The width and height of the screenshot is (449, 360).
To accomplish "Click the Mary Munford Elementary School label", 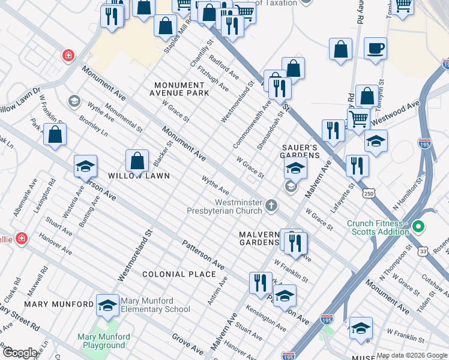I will [x=155, y=305].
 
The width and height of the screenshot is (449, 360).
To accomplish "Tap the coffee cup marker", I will [x=375, y=49].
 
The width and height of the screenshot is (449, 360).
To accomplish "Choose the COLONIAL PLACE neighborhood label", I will [x=179, y=274].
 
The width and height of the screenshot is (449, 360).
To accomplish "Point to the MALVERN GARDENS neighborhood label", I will [x=259, y=238].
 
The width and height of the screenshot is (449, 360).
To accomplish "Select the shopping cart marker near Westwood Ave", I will [x=358, y=118].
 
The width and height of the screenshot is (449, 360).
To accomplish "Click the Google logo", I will [x=19, y=353].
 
